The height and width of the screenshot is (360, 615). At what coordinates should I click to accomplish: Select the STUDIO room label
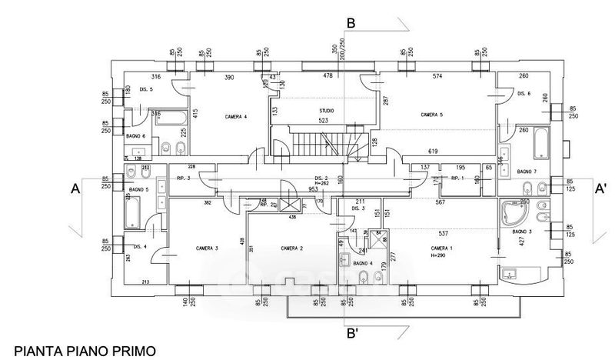pos(327,111)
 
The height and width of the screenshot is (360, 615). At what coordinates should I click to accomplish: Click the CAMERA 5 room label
pos(431,115)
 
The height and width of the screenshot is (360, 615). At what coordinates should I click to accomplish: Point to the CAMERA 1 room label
pos(440,248)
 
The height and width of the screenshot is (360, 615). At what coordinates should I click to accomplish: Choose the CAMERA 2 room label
pos(291,248)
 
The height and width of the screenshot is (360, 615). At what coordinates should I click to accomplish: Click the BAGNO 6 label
pos(136,137)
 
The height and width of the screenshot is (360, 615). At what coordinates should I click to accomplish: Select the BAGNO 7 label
pos(526,171)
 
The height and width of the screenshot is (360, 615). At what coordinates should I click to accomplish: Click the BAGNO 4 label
pos(362,263)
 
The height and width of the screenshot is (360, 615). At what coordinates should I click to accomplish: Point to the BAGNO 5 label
pos(138,188)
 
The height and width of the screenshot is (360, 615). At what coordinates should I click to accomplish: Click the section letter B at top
pos(350,23)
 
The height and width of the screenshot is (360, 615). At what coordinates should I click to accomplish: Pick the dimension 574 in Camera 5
pos(437,77)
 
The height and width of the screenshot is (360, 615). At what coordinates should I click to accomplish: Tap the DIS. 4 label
pos(140,246)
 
